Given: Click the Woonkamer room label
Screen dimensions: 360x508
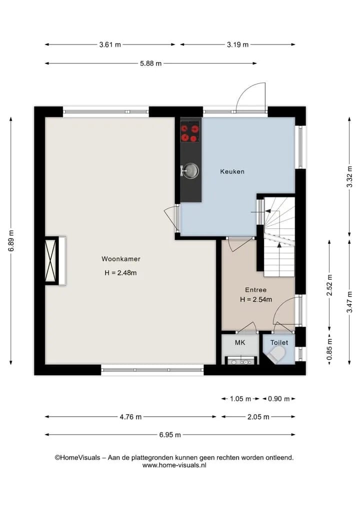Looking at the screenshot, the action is point(121,259).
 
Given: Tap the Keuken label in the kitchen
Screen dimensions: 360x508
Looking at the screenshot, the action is point(232,172).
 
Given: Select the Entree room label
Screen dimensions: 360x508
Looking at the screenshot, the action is point(255,290).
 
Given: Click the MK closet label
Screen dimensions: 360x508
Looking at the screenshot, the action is point(240,343).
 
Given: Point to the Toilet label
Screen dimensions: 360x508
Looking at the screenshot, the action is point(279,343).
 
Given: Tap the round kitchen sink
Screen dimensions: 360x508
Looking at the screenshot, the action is point(191,171).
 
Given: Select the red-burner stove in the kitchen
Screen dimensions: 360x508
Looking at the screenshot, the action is point(189,132).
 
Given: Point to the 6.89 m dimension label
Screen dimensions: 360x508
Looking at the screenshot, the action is point(11,241).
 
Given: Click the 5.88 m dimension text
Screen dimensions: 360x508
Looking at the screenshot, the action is point(151,63).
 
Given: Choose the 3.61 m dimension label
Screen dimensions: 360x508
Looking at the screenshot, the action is point(110,45).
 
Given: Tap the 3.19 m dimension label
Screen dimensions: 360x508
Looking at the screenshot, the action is point(237,45).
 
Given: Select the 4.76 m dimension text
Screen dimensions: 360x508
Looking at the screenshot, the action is point(130,417).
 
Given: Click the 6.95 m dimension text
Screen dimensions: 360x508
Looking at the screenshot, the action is point(170,435).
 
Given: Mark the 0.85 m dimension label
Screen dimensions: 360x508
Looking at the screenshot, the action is point(329,349).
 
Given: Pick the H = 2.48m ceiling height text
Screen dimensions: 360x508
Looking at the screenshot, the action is point(120,273).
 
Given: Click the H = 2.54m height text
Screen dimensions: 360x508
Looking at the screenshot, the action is point(256,300).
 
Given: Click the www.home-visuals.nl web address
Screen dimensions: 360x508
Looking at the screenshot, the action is point(174,465).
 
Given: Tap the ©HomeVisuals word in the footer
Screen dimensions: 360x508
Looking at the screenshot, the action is point(77,458).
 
